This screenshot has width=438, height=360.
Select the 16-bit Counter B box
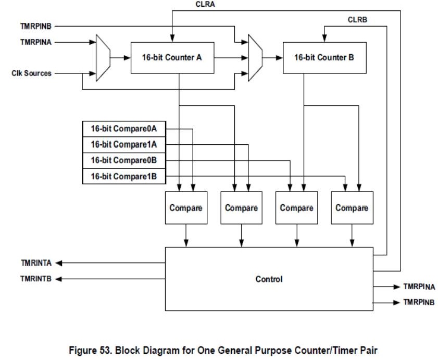point(324,58)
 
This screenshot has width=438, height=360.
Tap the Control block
point(269,279)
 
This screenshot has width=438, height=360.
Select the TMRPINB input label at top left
point(36,25)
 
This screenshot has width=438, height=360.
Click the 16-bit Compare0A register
point(124,128)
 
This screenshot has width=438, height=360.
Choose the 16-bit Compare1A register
point(124,144)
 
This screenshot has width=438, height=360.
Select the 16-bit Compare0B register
point(124,160)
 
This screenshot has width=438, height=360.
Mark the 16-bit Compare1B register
point(124,177)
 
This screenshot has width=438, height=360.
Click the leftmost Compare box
point(185,208)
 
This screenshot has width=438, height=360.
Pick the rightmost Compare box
point(352,208)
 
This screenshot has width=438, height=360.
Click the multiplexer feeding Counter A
point(103,58)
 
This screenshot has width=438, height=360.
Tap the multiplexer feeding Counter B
point(255,58)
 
